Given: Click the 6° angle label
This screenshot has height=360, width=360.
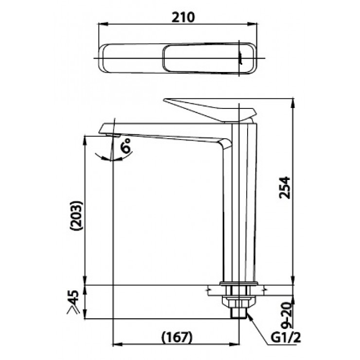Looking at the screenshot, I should point(127,146).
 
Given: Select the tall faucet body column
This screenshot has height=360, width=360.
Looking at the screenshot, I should point(239,204).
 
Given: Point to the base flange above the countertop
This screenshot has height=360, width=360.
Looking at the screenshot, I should point(238,283).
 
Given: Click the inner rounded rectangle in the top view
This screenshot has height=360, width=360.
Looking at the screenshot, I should point(202,58).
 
